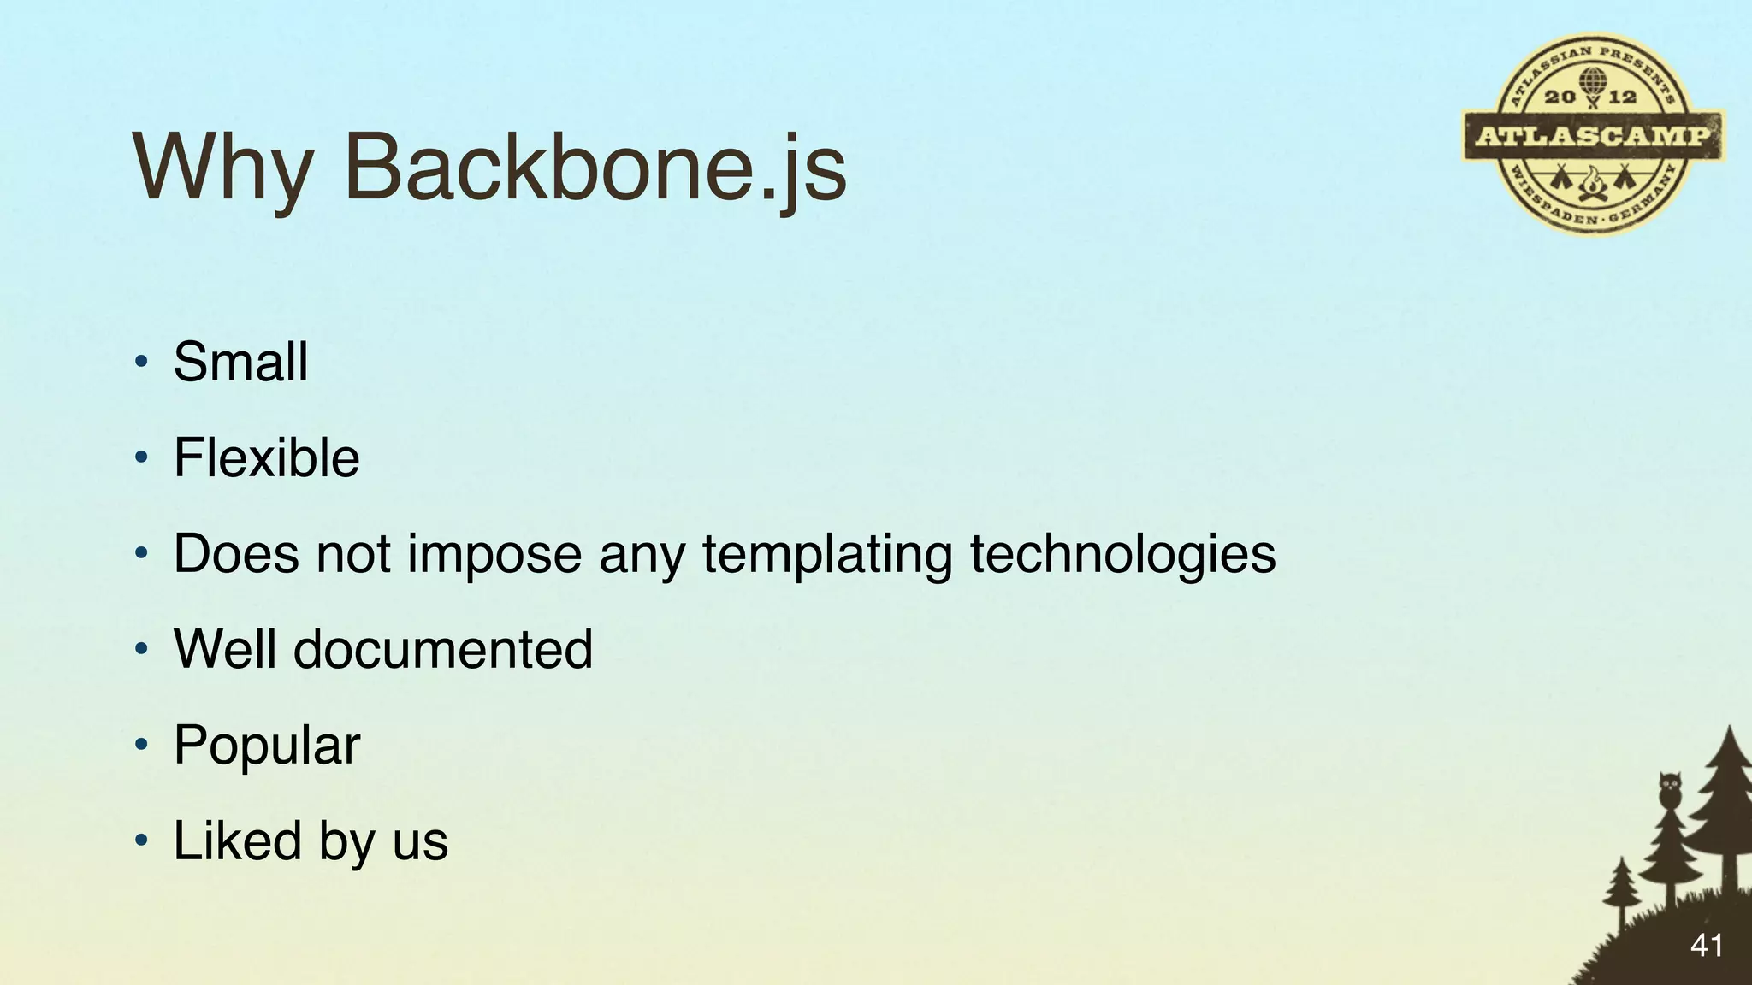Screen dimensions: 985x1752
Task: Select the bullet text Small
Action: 240,362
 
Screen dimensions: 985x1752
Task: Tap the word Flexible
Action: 266,457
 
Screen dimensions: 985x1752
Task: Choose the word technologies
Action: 1122,554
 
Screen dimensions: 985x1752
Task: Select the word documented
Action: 443,649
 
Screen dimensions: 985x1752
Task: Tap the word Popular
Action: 267,746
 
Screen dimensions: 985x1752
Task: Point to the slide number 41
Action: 1706,945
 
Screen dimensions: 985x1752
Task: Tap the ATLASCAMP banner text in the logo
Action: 1594,136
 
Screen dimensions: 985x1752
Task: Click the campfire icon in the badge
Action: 1592,183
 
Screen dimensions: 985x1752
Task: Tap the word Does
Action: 237,554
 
